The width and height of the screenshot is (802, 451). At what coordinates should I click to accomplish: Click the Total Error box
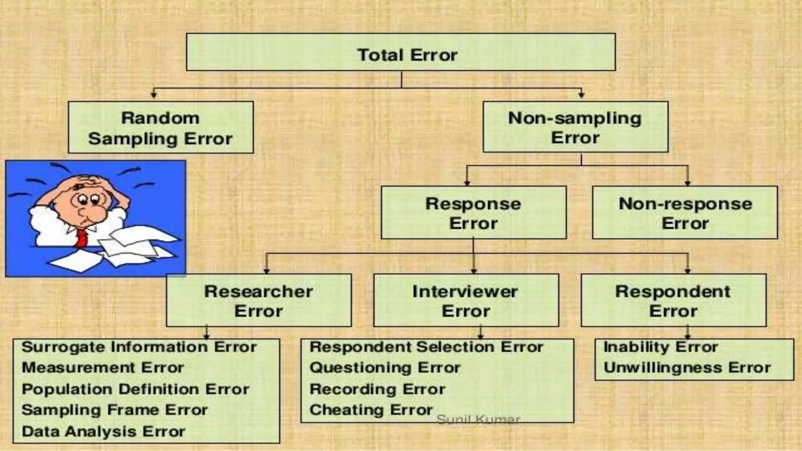tap(401, 52)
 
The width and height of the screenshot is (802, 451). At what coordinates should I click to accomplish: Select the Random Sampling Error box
tap(161, 127)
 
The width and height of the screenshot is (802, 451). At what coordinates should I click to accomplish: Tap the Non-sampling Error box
tap(575, 127)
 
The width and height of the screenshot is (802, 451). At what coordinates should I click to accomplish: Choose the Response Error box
tap(473, 213)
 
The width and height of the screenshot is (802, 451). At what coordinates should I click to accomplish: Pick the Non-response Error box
tap(685, 213)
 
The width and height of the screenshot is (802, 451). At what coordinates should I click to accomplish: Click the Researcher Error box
tap(258, 300)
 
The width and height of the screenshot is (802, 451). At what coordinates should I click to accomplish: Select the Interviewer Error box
tap(466, 300)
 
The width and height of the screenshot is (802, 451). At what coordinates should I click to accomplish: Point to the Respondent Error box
tap(673, 300)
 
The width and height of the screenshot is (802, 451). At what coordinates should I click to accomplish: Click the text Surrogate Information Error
tap(139, 347)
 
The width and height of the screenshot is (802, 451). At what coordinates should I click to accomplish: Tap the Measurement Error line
tap(103, 368)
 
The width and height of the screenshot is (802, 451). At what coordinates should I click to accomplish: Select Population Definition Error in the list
tap(135, 390)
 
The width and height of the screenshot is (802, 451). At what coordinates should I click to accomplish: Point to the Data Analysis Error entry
tap(103, 432)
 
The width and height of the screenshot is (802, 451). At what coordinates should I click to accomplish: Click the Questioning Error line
tap(385, 368)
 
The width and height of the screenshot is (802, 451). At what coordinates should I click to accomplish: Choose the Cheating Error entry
tap(371, 410)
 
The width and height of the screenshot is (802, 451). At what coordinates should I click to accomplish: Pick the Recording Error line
tap(377, 390)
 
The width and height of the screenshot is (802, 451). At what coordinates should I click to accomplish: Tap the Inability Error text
tap(661, 347)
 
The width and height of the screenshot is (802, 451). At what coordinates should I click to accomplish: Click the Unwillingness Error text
tap(687, 368)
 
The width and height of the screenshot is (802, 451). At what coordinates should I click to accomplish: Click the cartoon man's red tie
tap(82, 238)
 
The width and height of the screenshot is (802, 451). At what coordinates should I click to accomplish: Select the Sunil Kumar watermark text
tap(478, 420)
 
